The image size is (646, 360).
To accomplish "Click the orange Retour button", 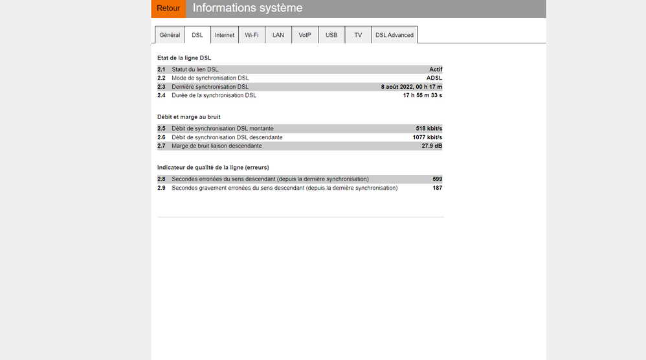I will (168, 8).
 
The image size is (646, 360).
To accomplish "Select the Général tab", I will (170, 35).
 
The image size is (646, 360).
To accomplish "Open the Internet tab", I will (225, 35).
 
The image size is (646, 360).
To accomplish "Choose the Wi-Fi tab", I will (252, 35).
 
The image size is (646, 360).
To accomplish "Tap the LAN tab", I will (278, 35).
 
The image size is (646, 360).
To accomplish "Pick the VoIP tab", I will (305, 35).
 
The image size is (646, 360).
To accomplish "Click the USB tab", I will (331, 35).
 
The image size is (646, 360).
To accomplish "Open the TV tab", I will (358, 35).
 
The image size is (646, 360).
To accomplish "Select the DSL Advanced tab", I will (394, 35).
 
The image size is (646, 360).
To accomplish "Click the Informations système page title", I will (247, 8).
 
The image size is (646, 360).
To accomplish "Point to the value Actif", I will (436, 69).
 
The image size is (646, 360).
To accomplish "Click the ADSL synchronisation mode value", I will (434, 78).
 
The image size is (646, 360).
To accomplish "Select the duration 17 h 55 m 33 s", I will (423, 95).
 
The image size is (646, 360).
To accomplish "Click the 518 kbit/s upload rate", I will (429, 129).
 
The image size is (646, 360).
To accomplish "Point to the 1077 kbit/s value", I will (427, 137).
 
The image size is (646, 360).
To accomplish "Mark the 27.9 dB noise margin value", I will (432, 146).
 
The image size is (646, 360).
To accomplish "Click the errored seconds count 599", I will (438, 179).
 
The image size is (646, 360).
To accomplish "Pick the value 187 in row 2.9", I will (438, 188).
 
